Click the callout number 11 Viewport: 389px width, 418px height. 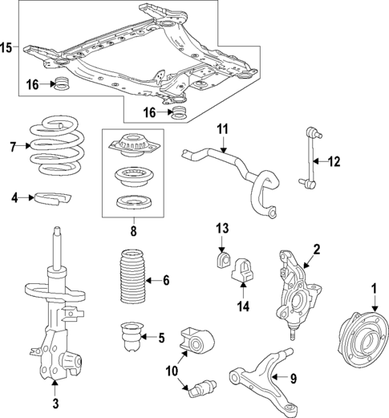coord(222,128)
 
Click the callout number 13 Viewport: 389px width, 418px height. coord(222,229)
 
